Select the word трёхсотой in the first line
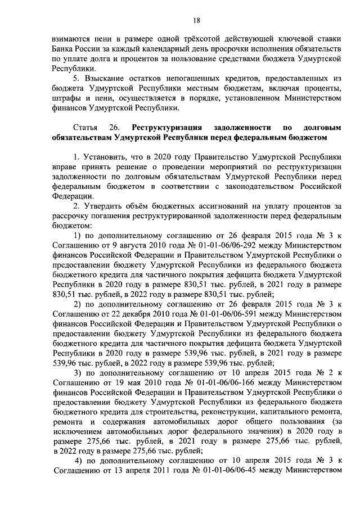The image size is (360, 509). pos(186,40)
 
